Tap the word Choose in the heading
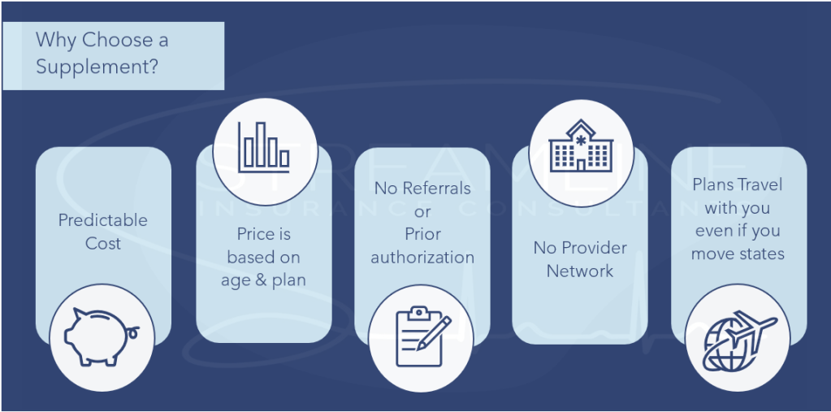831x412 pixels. [107, 40]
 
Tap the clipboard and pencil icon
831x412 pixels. [421, 336]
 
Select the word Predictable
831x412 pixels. [103, 220]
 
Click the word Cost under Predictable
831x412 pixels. [103, 243]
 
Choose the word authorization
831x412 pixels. [422, 258]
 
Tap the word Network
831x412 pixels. [580, 271]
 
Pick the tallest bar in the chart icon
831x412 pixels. [262, 145]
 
